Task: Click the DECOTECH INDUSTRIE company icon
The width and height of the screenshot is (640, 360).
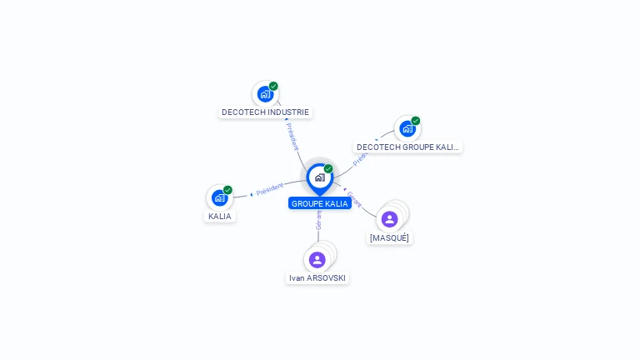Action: coord(265,94)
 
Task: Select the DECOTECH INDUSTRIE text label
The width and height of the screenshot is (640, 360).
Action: coord(265,112)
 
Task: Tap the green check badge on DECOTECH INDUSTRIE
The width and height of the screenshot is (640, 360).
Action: coord(273,86)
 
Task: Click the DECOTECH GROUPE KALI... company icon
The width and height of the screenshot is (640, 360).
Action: coord(407,128)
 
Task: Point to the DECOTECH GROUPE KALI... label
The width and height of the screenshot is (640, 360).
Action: coord(407,147)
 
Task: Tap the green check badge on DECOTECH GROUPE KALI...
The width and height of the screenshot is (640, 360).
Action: coord(415,121)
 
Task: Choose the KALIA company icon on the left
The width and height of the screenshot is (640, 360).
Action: coord(219,197)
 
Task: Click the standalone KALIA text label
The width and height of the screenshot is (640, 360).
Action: coord(220,216)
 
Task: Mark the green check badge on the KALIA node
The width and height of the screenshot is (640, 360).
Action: coord(227,190)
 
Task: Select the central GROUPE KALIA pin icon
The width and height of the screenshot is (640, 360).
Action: coord(319,177)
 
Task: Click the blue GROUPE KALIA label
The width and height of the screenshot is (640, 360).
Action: coord(320,203)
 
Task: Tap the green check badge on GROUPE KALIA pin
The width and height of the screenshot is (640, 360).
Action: coord(328,169)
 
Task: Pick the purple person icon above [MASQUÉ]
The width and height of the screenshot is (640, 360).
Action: coord(389,219)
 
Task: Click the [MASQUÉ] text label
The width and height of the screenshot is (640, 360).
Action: coord(390,237)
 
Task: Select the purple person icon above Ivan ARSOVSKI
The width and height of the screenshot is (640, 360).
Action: coord(317,260)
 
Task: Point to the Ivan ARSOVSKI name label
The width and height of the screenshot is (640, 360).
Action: coord(317,277)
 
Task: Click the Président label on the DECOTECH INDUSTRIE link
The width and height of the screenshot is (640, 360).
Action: coord(292,137)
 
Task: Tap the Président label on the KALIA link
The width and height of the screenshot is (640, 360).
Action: coord(269,189)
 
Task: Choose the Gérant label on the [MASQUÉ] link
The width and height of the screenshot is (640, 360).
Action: coord(354,200)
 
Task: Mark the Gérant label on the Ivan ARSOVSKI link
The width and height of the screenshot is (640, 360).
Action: coord(318,220)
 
